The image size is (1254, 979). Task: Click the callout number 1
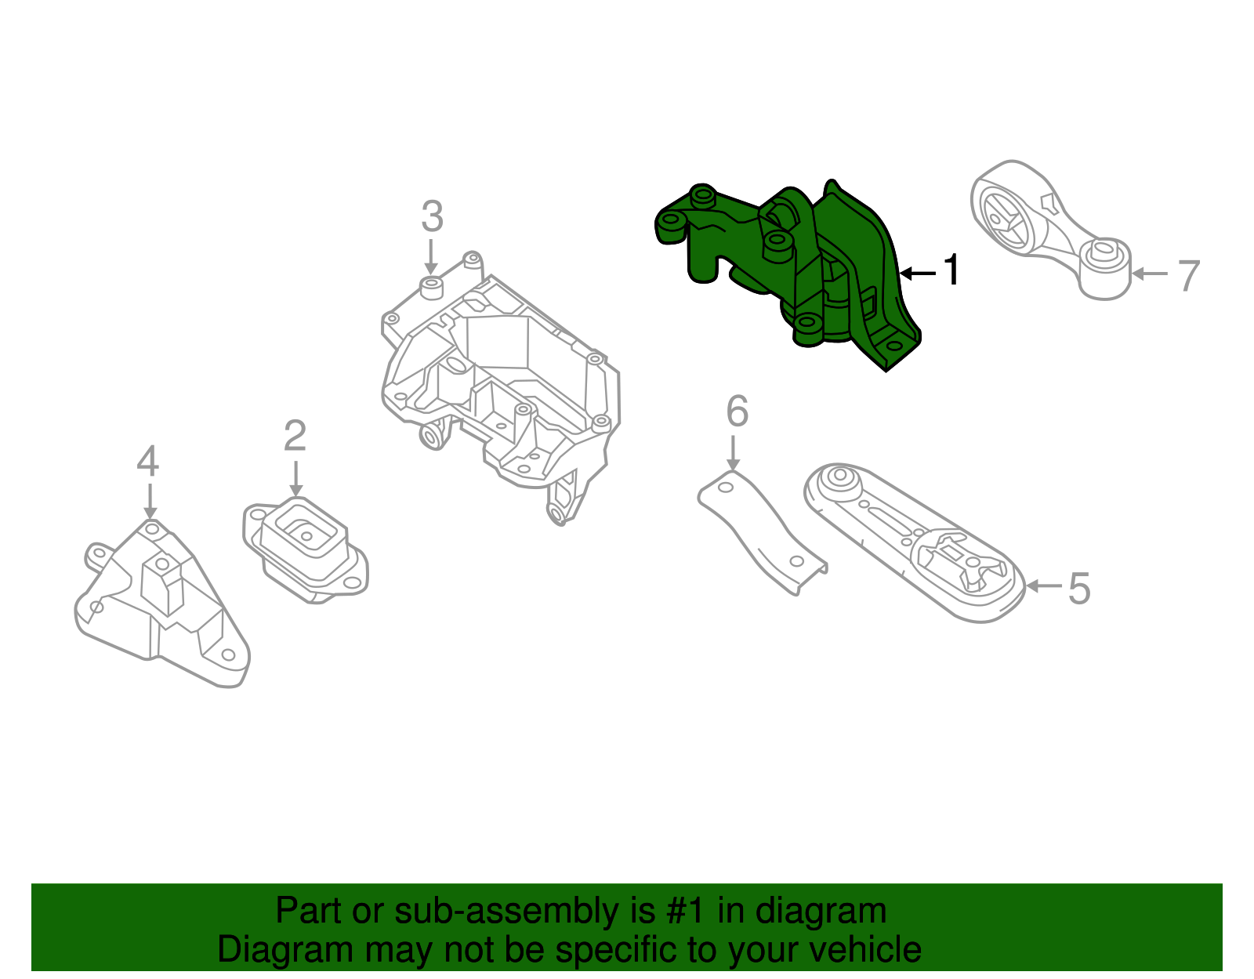(x=951, y=270)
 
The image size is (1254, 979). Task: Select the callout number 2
(x=295, y=437)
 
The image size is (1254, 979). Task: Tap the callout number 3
(x=432, y=217)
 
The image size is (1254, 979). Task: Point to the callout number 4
(x=147, y=462)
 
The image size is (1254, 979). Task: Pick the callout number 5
(x=1079, y=588)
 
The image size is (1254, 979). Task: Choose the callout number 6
(x=737, y=412)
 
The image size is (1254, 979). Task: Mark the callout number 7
(x=1189, y=276)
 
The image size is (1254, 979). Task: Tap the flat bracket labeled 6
(x=760, y=533)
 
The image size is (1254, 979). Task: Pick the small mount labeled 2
(x=306, y=549)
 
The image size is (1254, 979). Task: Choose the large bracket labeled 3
(x=502, y=376)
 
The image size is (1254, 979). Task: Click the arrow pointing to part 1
(x=917, y=273)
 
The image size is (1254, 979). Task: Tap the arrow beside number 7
(x=1150, y=274)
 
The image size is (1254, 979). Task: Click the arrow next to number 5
(x=1042, y=586)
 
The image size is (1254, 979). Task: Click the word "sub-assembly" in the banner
(x=506, y=912)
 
